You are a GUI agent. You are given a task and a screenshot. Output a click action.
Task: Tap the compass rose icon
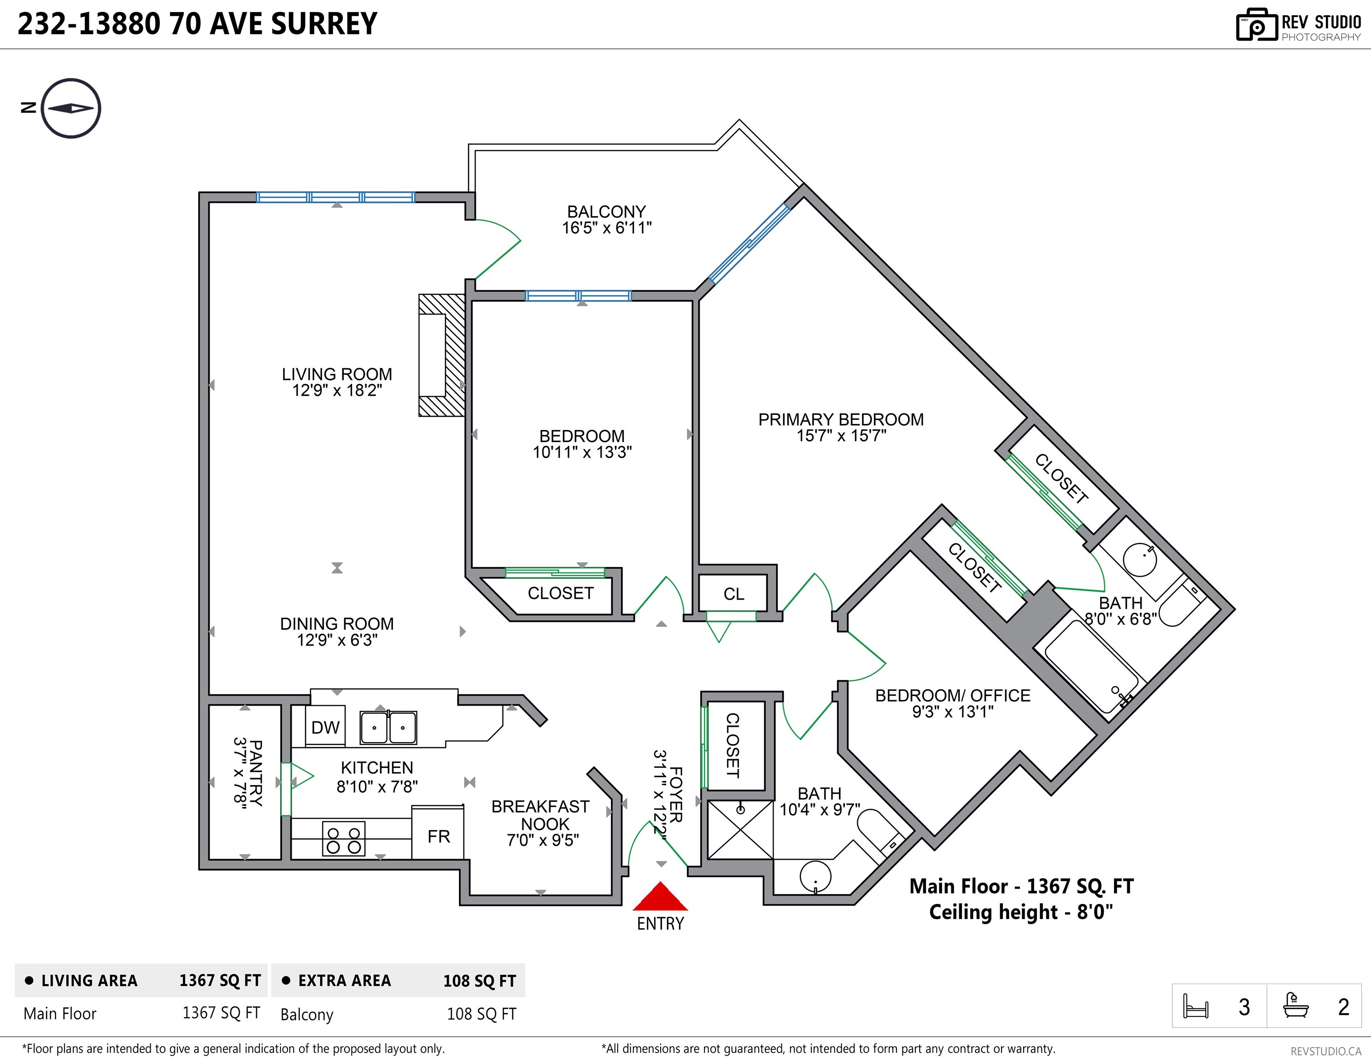[x=71, y=108]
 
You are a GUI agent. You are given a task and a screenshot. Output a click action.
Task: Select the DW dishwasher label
[x=325, y=727]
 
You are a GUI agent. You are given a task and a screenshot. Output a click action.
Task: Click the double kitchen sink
[x=388, y=727]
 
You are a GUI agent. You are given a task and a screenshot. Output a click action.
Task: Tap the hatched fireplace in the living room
[x=442, y=355]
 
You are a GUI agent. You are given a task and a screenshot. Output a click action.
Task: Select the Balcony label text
[x=606, y=212]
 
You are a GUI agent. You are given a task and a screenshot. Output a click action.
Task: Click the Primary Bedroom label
[x=841, y=419]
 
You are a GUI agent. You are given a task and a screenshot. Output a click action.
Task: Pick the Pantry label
[x=256, y=773]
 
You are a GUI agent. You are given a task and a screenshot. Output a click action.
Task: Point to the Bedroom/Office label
[x=953, y=696]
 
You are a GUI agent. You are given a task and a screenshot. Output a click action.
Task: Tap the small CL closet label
[x=734, y=594]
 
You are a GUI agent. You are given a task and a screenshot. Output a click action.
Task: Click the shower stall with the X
[x=741, y=830]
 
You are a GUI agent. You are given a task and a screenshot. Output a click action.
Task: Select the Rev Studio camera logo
[x=1256, y=24]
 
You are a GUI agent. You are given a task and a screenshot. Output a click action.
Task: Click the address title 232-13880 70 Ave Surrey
[x=198, y=24]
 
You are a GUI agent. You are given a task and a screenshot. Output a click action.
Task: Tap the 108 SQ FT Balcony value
[x=481, y=1014]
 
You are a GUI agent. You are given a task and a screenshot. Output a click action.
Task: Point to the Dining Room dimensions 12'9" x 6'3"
[x=337, y=640]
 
